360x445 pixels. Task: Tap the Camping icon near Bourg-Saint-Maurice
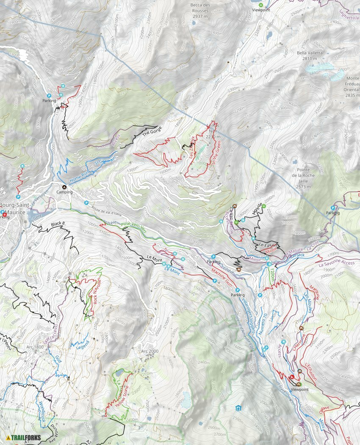point(64,186)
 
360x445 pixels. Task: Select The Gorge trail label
point(152,133)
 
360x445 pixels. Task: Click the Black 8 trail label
point(57,224)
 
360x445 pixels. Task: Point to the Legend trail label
point(83,345)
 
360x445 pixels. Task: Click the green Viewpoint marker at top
point(261,5)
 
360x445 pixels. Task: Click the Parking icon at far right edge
point(333,208)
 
